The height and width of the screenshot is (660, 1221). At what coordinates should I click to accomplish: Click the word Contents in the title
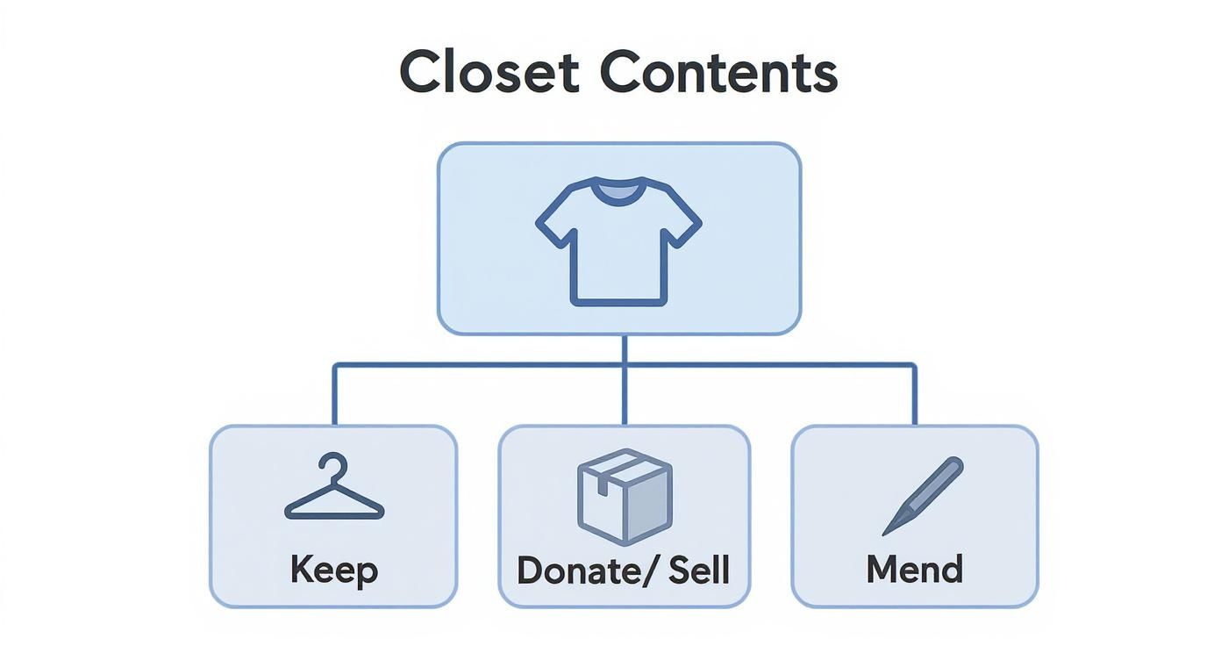tap(718, 73)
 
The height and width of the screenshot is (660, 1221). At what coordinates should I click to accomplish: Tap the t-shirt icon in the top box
tap(618, 241)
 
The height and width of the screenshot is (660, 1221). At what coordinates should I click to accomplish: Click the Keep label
tap(334, 570)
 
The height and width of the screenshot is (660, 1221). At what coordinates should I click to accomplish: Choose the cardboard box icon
tap(625, 496)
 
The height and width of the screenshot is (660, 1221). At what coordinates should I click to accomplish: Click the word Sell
tap(698, 570)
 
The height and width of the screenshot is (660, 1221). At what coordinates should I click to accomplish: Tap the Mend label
tap(914, 570)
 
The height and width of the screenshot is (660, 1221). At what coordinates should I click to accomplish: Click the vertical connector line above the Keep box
tap(334, 395)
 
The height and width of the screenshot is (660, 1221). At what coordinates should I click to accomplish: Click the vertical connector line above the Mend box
tap(915, 395)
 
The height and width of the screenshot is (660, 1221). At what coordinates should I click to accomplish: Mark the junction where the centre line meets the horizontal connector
tap(624, 363)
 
